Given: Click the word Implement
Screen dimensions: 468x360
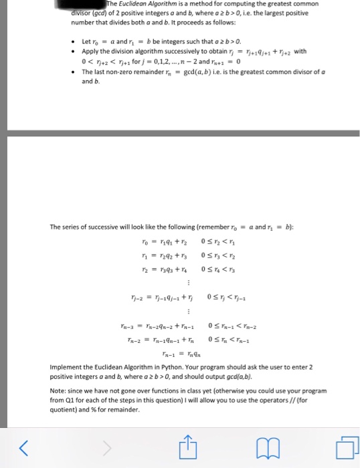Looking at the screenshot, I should pos(67,368).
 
